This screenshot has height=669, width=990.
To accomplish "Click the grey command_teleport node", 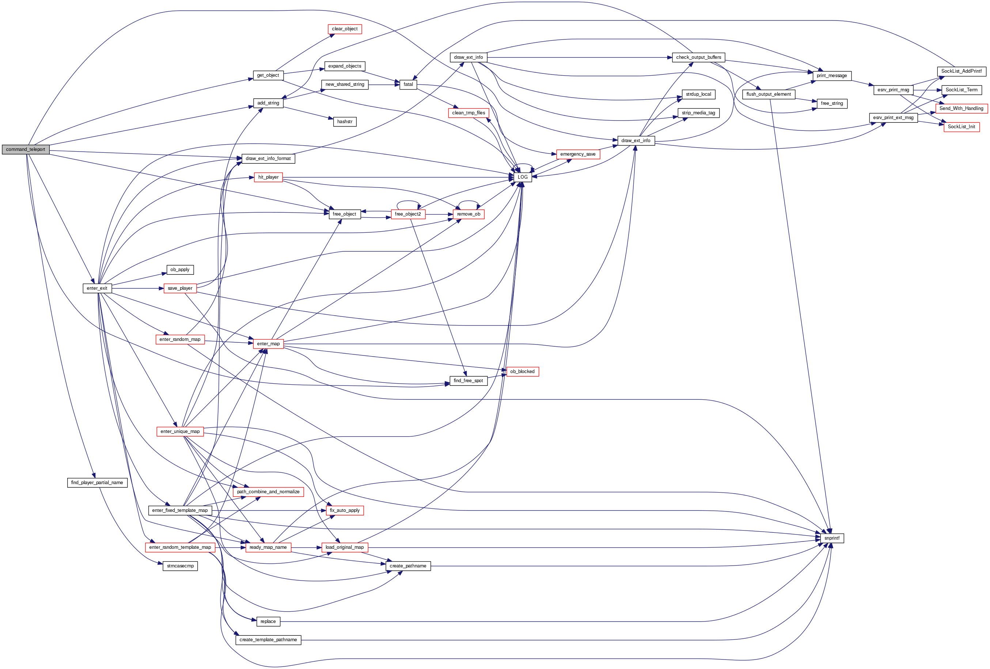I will click(x=26, y=149).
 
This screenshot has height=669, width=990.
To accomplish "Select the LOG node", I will click(x=523, y=177).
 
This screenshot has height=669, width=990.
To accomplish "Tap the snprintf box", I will click(x=831, y=538).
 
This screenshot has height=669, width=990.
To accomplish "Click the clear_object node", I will click(x=345, y=29).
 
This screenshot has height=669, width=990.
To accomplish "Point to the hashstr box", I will click(x=345, y=122).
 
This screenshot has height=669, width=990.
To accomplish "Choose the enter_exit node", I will click(x=97, y=288).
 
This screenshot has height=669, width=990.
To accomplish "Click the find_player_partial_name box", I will click(x=97, y=483).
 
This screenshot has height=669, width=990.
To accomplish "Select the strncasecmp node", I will click(x=180, y=566).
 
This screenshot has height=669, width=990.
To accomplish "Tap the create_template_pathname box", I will click(x=268, y=640).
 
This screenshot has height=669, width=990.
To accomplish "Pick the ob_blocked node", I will click(x=522, y=371).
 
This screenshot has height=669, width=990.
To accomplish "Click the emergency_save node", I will click(x=578, y=154).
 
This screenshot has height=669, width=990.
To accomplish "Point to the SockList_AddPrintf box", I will click(x=961, y=71).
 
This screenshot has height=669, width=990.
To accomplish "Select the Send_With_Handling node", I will click(x=961, y=109).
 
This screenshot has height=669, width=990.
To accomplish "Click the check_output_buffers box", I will click(x=699, y=57).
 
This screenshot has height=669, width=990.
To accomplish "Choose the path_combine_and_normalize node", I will click(x=268, y=492).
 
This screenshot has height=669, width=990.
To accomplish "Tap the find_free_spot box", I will click(x=468, y=381).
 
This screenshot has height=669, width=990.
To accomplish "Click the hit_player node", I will click(x=268, y=177).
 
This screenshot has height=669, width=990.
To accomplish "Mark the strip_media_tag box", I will click(x=699, y=113).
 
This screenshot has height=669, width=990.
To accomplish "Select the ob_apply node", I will click(x=180, y=270).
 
